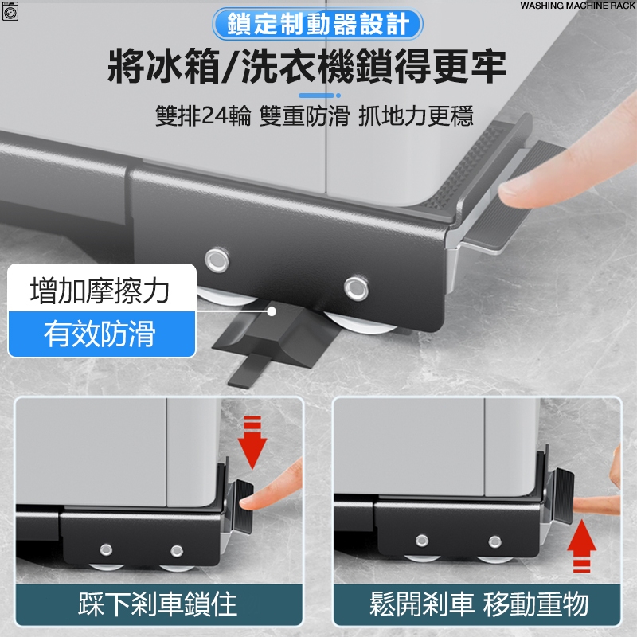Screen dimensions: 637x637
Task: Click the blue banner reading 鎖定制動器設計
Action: [317, 24]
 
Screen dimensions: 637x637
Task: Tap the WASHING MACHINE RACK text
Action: [577, 6]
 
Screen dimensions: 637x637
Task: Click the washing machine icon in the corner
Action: [10, 11]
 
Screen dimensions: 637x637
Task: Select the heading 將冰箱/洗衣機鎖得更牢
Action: [307, 66]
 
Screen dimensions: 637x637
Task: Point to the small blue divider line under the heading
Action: [319, 96]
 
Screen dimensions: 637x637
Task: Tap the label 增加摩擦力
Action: [100, 290]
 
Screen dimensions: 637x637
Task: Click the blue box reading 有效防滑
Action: [102, 334]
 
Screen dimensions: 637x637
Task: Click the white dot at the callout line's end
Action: [272, 311]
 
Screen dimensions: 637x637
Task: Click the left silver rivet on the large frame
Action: [217, 260]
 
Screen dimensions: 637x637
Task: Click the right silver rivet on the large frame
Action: [356, 288]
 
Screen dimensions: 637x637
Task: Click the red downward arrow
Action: [252, 442]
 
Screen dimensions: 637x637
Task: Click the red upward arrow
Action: [582, 546]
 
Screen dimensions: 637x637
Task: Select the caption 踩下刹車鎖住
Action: [158, 604]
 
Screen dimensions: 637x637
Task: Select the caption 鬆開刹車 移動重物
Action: [479, 604]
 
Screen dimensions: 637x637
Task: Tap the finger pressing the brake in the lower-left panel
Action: [272, 487]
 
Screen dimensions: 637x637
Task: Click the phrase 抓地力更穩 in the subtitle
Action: [416, 115]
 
